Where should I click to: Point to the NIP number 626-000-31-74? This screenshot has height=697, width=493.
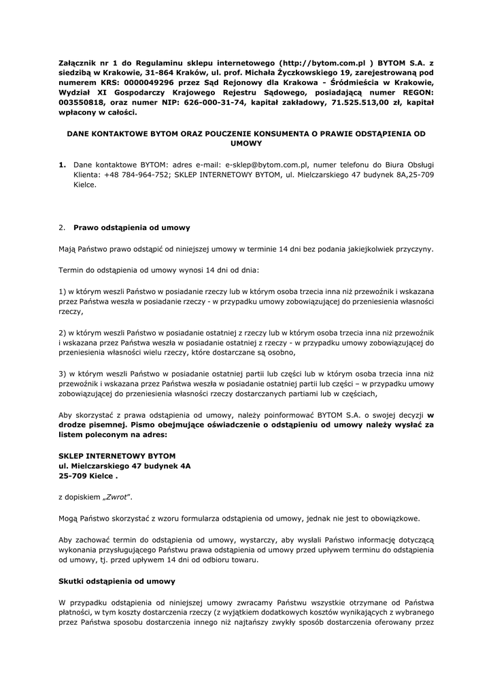pyautogui.click(x=205, y=102)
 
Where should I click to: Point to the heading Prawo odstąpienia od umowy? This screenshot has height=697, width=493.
pyautogui.click(x=132, y=227)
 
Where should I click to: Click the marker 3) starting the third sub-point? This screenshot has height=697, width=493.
pyautogui.click(x=63, y=374)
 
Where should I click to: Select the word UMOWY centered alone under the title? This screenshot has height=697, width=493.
pyautogui.click(x=246, y=144)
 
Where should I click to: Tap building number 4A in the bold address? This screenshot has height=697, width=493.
pyautogui.click(x=184, y=466)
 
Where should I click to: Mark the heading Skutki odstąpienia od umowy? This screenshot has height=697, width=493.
pyautogui.click(x=117, y=581)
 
